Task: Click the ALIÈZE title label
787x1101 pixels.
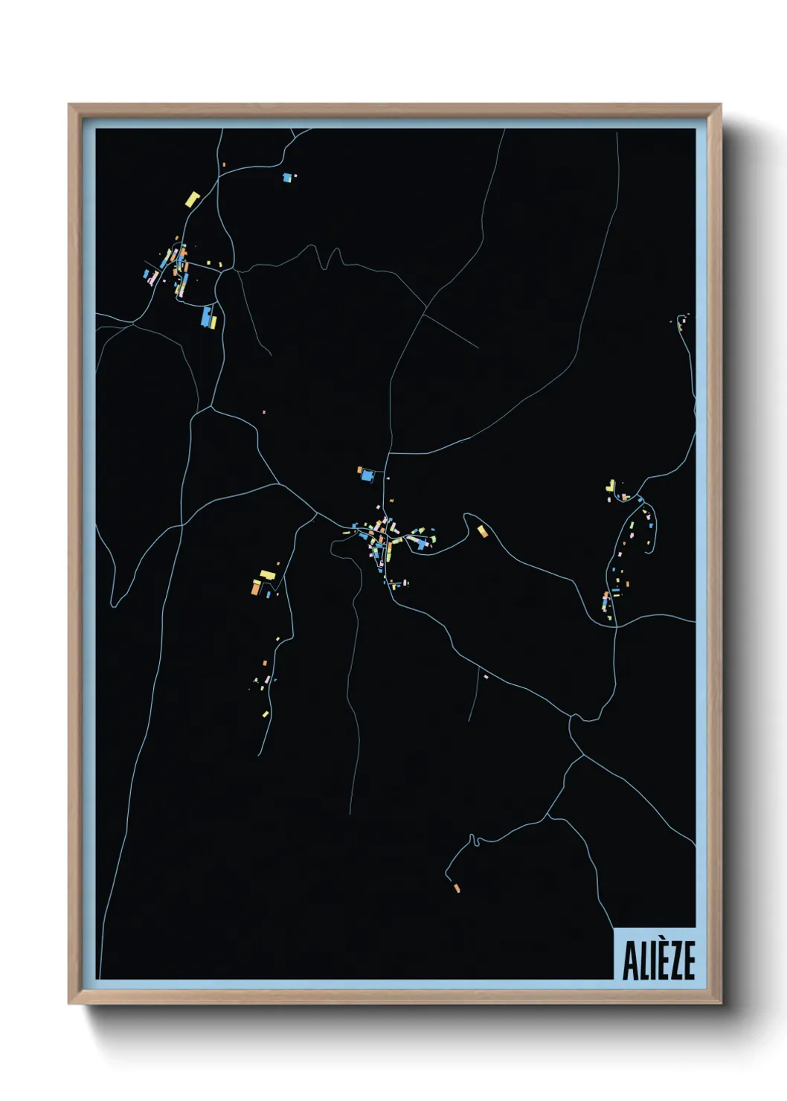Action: point(658,960)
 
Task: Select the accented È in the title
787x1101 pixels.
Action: point(658,959)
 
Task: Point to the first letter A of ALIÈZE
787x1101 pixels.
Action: point(629,961)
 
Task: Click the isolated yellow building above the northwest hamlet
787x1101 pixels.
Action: point(193,199)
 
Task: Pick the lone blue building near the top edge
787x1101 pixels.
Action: point(287,178)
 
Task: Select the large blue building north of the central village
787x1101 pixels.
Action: point(366,475)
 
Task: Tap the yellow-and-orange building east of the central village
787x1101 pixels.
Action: point(483,530)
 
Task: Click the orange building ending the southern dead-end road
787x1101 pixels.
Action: point(456,887)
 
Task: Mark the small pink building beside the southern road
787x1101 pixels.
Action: point(486,677)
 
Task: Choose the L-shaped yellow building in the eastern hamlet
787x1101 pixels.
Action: point(611,485)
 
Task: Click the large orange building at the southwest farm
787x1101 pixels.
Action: point(256,588)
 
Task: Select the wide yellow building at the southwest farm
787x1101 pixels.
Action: point(267,574)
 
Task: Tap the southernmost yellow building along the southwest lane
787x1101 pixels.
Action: point(265,714)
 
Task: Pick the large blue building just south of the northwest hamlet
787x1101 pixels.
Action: point(205,316)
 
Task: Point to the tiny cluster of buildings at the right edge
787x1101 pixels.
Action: point(681,321)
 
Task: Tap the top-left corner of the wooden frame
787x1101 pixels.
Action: point(70,106)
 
